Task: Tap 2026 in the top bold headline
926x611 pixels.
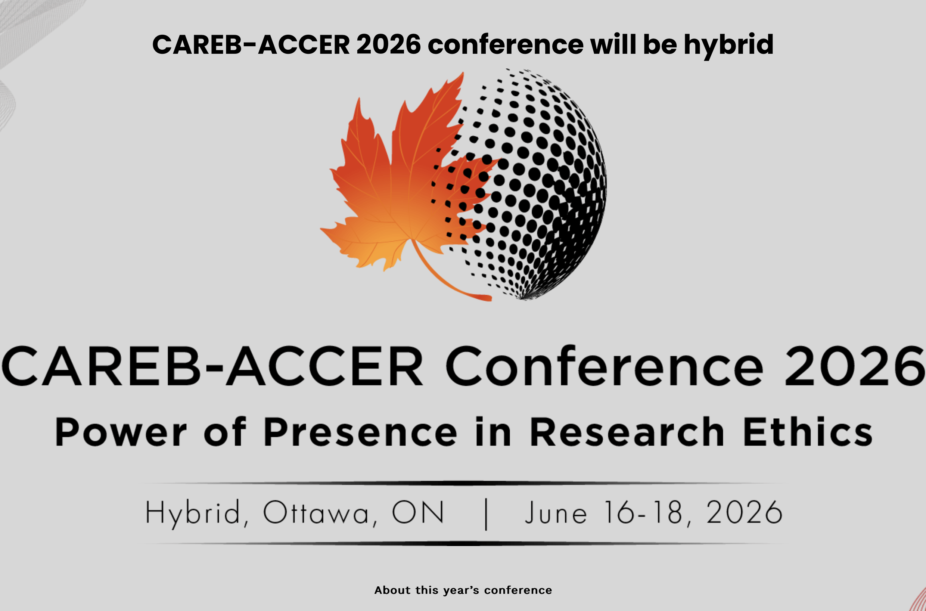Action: tap(388, 44)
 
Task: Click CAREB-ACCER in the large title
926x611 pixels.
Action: tap(213, 366)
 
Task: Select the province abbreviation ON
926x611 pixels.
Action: tap(417, 512)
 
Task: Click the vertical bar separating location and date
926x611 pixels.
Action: tap(486, 514)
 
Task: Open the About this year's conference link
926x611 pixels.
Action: tap(463, 590)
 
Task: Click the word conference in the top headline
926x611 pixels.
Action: tap(505, 44)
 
